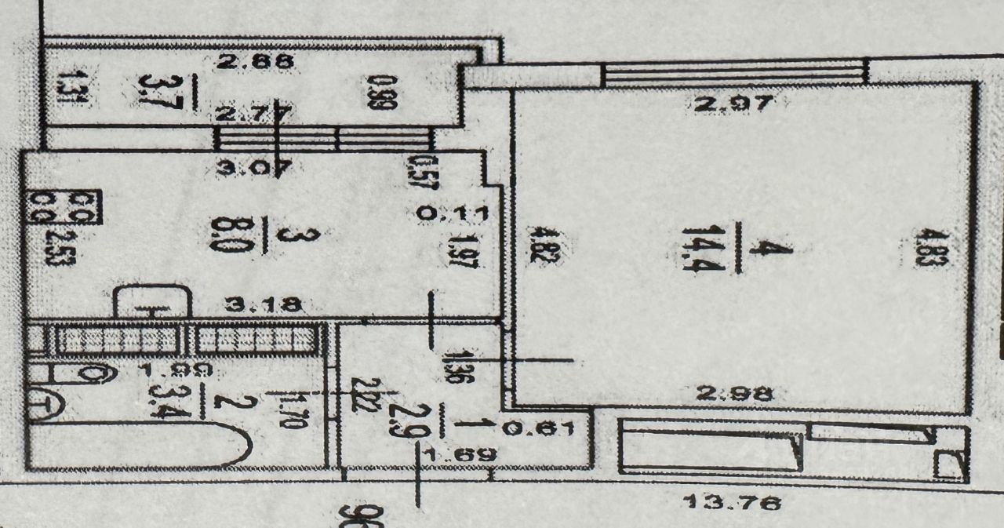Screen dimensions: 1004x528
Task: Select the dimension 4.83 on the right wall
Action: click(940, 249)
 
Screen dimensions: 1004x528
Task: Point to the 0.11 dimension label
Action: click(453, 213)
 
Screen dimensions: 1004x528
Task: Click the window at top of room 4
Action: click(735, 75)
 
